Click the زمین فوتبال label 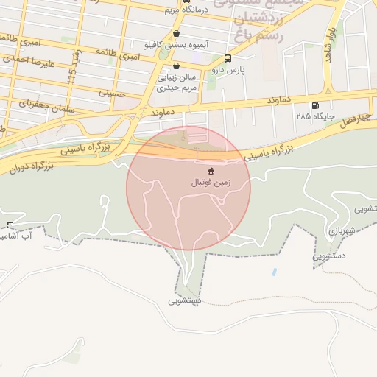(x=211, y=182)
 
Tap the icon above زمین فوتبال (x=211, y=171)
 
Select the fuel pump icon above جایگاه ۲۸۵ (x=316, y=105)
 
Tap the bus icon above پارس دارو (x=227, y=58)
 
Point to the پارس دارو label (x=226, y=69)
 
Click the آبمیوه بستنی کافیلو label (x=177, y=44)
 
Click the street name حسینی (x=112, y=94)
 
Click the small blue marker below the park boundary (x=274, y=272)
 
